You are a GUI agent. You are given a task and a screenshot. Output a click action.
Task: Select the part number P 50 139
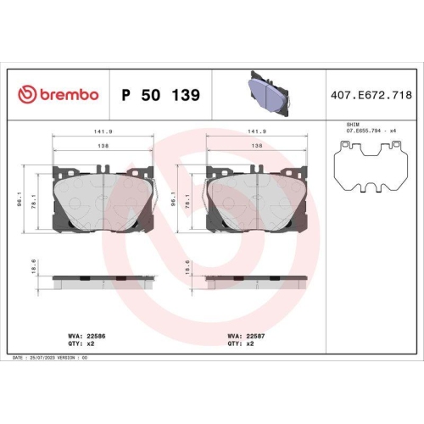point(160,94)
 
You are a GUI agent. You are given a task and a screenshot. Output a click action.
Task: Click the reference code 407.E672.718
point(367,94)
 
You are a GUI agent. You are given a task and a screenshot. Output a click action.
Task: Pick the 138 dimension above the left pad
point(103,147)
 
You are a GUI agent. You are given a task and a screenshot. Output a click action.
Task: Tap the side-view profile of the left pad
point(103,279)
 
